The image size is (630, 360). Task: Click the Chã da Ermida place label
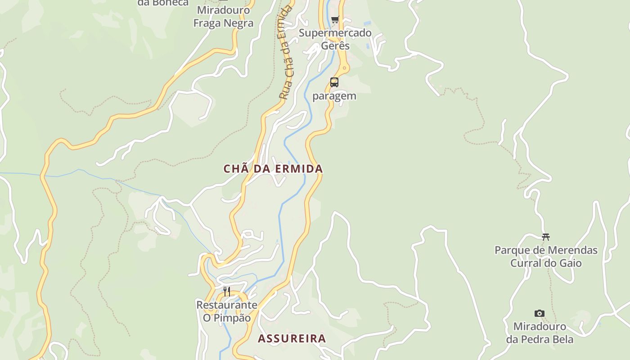tap(273, 169)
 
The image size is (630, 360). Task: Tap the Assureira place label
tap(292, 338)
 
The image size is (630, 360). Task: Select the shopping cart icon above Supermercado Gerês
tap(335, 19)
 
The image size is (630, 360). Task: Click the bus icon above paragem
tap(334, 82)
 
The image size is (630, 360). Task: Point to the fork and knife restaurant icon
tap(227, 292)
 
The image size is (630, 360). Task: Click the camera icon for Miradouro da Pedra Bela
tap(539, 313)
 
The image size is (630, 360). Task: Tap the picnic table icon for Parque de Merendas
tap(546, 237)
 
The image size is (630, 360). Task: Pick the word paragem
tap(334, 96)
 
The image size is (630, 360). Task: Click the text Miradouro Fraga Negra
tap(223, 16)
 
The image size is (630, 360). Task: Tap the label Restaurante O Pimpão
tap(227, 311)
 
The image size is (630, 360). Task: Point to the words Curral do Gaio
tap(546, 263)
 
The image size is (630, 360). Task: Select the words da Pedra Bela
tap(540, 339)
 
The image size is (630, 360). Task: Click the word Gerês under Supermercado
tap(335, 46)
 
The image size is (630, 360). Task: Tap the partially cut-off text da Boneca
tap(163, 3)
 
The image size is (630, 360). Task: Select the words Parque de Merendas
tap(546, 250)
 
